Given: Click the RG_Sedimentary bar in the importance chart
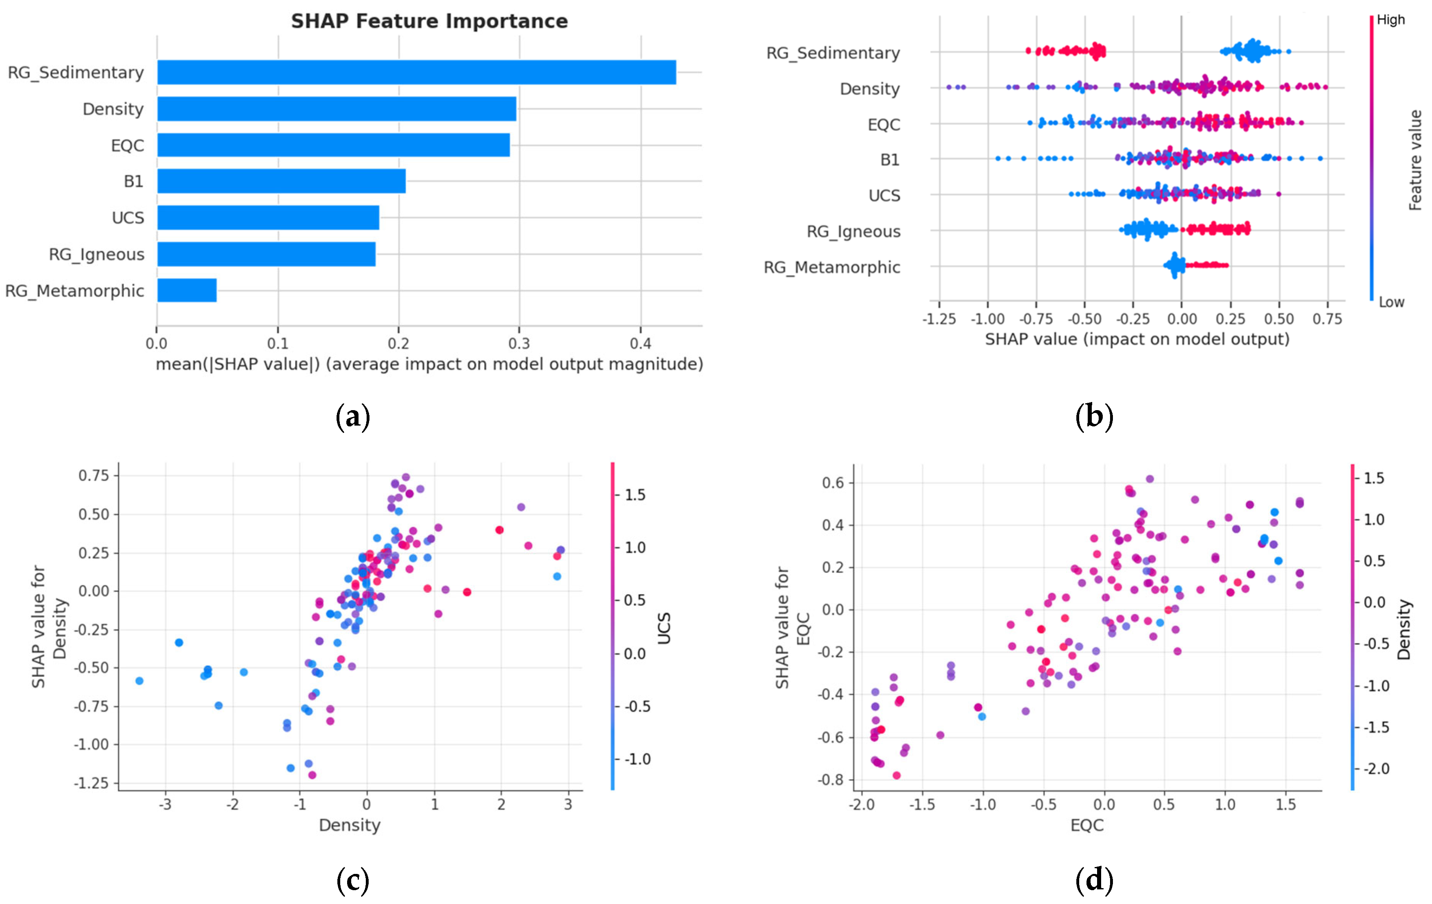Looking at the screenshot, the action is [416, 72].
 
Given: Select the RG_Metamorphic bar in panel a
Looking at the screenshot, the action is [187, 290].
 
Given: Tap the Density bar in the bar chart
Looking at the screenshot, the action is [337, 109].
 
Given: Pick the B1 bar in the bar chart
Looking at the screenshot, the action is [281, 181].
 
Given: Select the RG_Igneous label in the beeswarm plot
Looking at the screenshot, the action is [853, 231].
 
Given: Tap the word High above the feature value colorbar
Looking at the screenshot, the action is [1391, 20].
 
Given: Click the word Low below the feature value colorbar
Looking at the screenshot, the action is [1392, 302].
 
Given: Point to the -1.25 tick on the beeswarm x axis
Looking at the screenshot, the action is [939, 319].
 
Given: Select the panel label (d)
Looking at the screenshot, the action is [1094, 880].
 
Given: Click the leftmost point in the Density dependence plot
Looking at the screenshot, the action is [139, 681].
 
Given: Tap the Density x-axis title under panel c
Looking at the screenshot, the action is [350, 825].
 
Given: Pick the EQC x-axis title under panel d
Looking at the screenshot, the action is [1087, 825].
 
